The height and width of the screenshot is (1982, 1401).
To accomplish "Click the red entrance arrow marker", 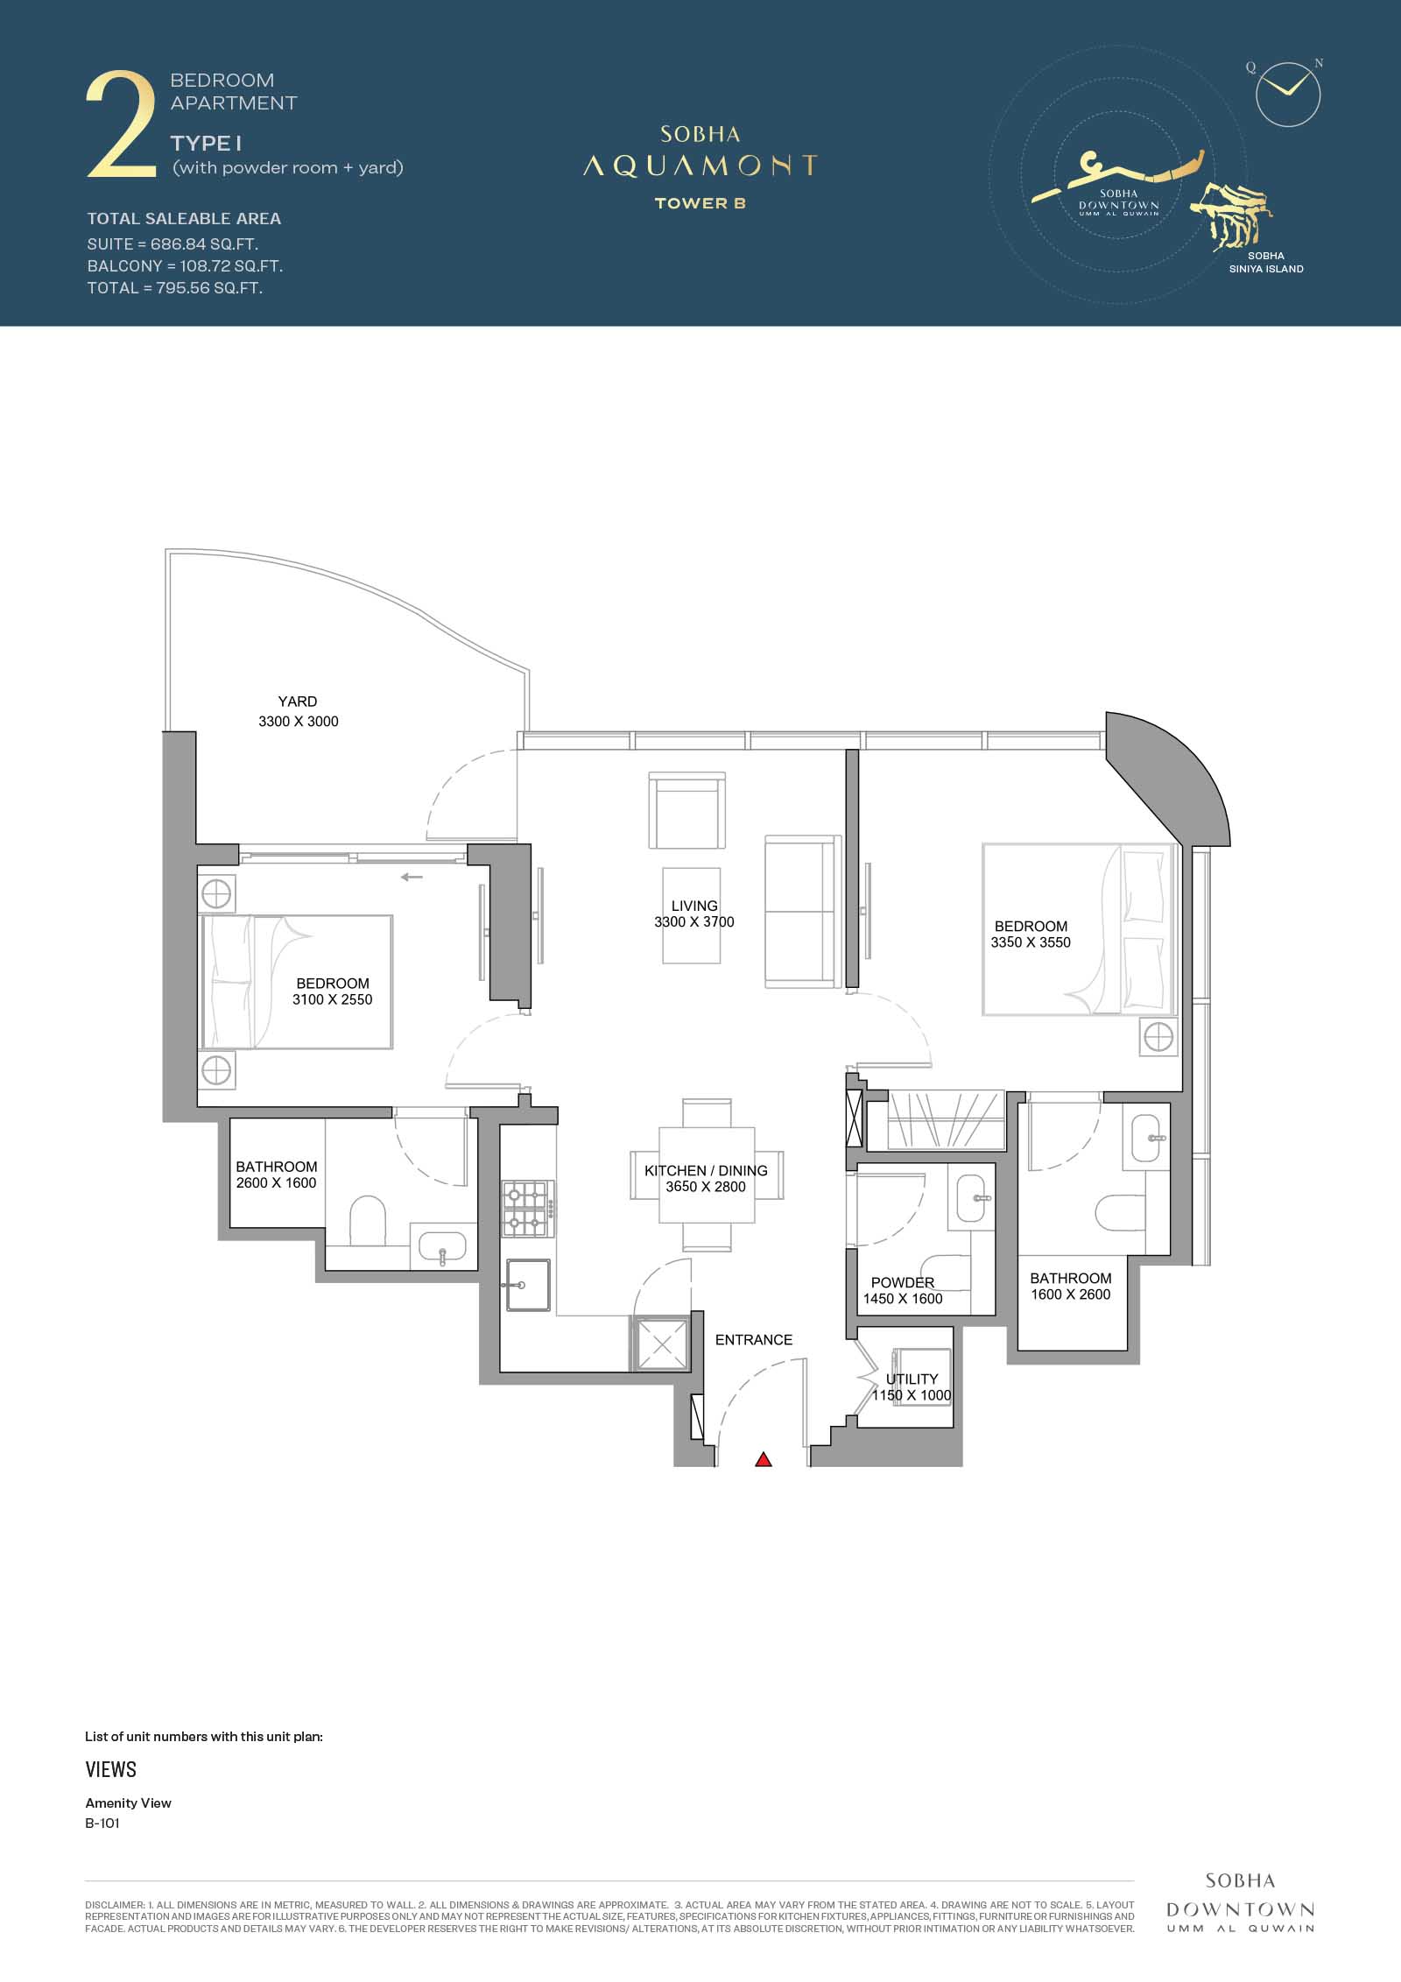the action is point(764,1459).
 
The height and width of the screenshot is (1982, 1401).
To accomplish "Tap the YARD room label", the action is point(298,702).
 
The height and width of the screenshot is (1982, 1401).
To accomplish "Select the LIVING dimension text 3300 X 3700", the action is point(694,922).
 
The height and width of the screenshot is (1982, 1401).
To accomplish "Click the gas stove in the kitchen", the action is point(527,1210).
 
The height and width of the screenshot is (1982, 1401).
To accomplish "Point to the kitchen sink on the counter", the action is point(527,1285).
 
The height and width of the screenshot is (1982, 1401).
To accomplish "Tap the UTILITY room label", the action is point(912,1379).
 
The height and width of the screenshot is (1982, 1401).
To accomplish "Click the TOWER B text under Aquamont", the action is point(700,203).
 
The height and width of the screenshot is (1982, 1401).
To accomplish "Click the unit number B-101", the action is point(102,1823).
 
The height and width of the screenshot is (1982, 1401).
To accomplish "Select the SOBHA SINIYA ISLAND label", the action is point(1266,263).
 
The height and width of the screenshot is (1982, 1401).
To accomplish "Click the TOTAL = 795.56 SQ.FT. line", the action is point(175,288).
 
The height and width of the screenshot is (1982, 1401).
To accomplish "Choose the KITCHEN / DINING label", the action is point(706,1171).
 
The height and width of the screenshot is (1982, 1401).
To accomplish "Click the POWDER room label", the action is point(903,1282).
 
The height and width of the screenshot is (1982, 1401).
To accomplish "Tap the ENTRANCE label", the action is point(754,1340).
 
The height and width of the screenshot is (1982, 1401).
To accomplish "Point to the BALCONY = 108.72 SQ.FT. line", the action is point(185,265).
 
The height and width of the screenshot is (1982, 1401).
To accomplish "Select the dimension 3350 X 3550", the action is point(1031,942).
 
